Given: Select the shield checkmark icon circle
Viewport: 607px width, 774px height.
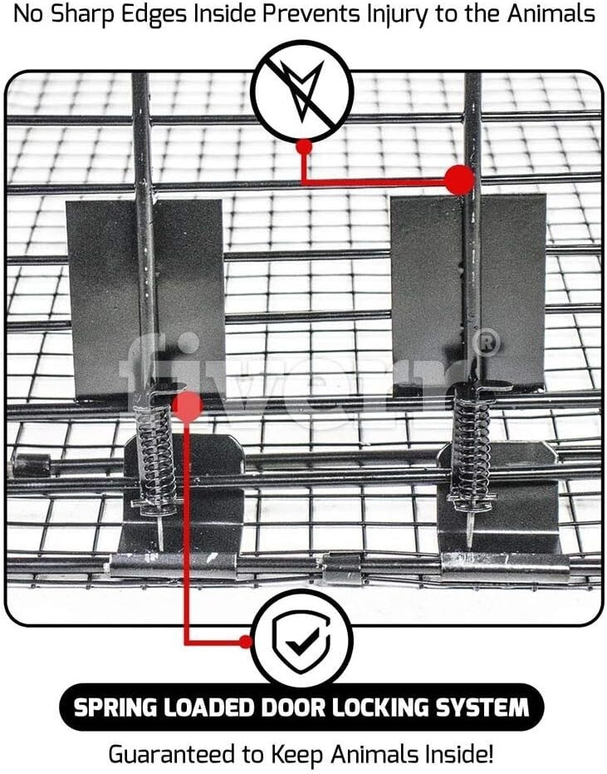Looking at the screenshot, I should [x=301, y=640].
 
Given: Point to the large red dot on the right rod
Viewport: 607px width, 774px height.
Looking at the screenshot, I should [x=459, y=180].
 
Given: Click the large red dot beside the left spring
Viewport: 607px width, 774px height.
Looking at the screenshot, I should [x=188, y=407].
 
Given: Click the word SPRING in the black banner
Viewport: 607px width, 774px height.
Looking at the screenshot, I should [x=115, y=708].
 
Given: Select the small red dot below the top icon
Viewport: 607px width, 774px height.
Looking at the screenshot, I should [x=304, y=146].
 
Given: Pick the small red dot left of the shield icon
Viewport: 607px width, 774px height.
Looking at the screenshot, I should [x=245, y=641].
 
